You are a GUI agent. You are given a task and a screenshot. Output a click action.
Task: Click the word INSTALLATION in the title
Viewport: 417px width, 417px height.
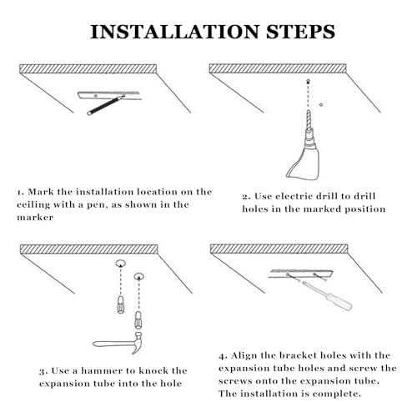[175, 32]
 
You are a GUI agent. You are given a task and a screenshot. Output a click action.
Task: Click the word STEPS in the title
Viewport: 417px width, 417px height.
[300, 32]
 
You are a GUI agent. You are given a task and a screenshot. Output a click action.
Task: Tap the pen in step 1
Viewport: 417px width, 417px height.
[106, 105]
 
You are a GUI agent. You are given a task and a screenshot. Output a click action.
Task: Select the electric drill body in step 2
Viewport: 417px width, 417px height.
[304, 161]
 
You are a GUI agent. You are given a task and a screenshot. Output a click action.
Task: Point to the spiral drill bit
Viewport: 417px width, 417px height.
[308, 119]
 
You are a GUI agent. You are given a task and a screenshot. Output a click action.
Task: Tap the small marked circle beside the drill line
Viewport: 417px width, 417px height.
[321, 105]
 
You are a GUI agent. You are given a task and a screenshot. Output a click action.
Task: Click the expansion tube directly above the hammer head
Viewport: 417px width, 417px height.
[138, 319]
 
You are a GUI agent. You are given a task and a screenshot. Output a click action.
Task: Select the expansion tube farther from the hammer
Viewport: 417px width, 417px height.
[120, 305]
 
